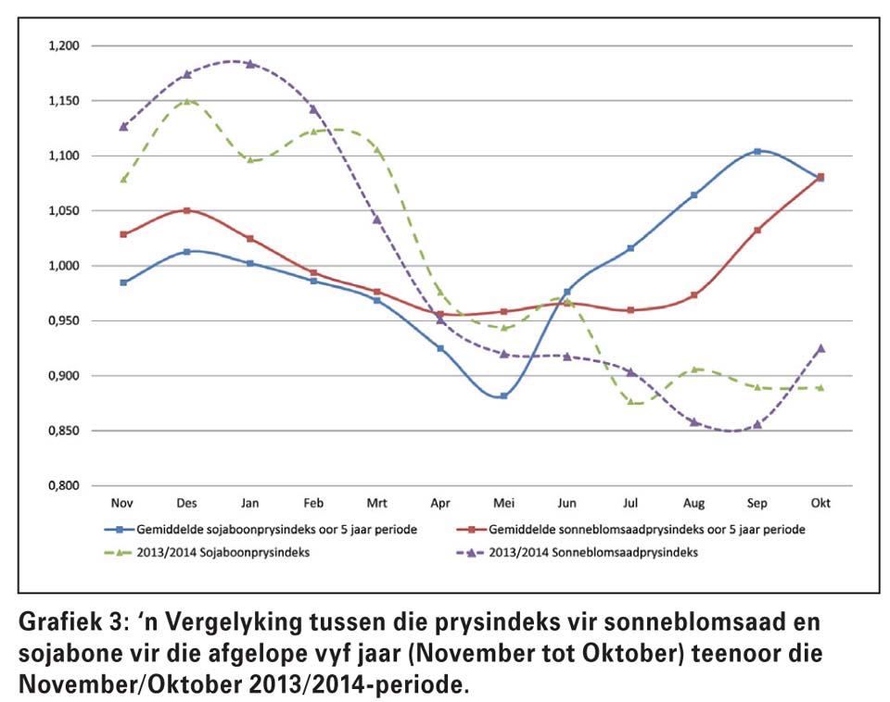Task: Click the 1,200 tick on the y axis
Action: click(x=64, y=46)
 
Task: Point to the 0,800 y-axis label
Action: click(x=64, y=486)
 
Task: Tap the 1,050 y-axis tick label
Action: click(x=64, y=211)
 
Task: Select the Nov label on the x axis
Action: click(x=122, y=503)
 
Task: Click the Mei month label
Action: click(x=503, y=503)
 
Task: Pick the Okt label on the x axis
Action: click(x=820, y=503)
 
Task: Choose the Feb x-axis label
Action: click(x=313, y=503)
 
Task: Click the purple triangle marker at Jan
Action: click(x=250, y=64)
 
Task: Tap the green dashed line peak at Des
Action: click(x=186, y=101)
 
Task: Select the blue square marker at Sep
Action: click(x=757, y=151)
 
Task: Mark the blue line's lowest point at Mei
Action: click(x=503, y=395)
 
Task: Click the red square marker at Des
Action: click(x=186, y=210)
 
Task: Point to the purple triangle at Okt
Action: click(x=820, y=349)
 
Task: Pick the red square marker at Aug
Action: click(x=693, y=295)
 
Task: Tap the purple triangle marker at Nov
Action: click(x=123, y=127)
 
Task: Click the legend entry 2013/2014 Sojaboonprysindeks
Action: click(x=207, y=552)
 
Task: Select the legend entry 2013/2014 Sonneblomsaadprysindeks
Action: click(x=578, y=552)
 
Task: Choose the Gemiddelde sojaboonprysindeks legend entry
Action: click(x=261, y=530)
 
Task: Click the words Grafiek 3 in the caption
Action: click(x=69, y=622)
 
